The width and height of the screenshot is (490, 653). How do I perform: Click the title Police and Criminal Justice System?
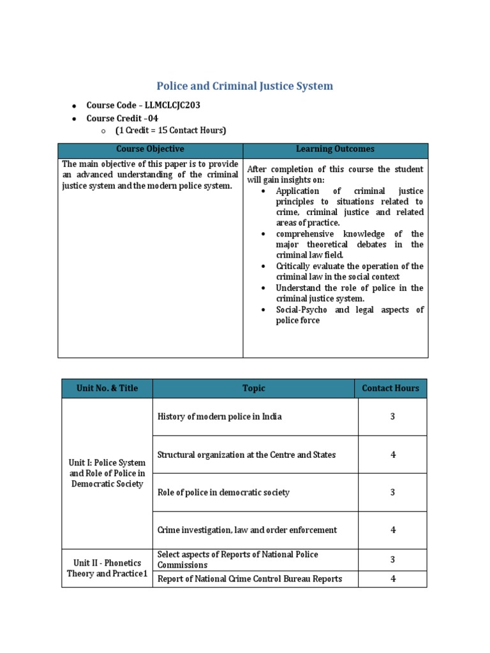[245, 86]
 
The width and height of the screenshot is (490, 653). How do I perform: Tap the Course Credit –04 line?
[122, 118]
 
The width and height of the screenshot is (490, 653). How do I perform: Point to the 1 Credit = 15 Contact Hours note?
[170, 131]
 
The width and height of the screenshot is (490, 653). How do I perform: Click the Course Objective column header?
[151, 149]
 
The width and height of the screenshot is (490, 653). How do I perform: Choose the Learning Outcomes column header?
[335, 149]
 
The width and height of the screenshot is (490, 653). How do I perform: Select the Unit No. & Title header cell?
[107, 388]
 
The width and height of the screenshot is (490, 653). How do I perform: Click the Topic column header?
[254, 388]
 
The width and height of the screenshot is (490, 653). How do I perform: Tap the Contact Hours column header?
[390, 388]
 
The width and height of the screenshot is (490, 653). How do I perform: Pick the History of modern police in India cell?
[219, 416]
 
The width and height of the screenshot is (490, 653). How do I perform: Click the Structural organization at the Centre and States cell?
[246, 455]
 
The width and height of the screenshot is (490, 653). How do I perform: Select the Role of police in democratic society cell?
[223, 492]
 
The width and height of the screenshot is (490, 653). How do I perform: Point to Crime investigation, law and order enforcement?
[247, 530]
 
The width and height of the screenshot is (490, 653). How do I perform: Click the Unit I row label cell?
[107, 473]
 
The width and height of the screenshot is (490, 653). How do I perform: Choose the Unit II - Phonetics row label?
[107, 568]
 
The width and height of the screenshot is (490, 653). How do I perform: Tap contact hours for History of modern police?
[392, 416]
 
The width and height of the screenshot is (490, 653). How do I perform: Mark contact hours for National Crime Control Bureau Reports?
[392, 579]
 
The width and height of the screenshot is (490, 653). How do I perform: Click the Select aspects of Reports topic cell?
[237, 560]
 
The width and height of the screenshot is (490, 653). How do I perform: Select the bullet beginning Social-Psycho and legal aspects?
[349, 315]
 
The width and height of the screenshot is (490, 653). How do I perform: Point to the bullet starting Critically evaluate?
[349, 272]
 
